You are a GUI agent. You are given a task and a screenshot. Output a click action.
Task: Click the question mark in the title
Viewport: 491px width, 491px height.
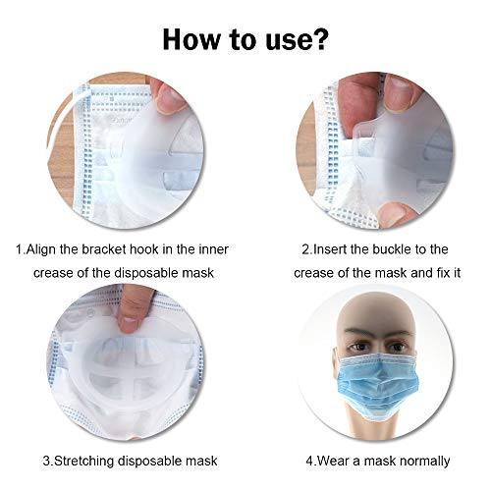(x=321, y=40)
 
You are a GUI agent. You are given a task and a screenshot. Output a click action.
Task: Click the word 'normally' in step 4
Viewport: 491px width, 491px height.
(x=424, y=460)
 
